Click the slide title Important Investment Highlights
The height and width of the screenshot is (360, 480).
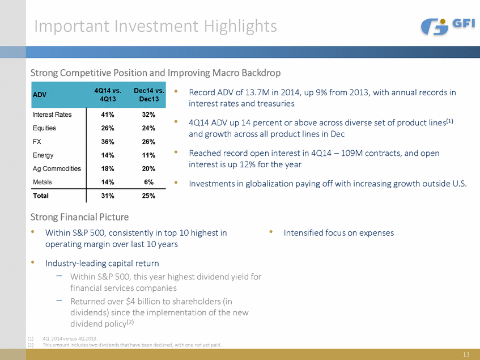click(x=155, y=26)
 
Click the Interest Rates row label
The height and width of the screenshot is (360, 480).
click(x=53, y=115)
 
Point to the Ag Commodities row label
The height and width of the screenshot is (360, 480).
click(x=57, y=168)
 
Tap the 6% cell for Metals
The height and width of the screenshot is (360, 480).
click(x=149, y=182)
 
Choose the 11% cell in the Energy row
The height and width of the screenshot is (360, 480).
click(x=149, y=155)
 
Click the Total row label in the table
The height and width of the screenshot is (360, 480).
click(x=41, y=196)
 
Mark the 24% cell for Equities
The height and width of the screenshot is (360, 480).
click(x=149, y=128)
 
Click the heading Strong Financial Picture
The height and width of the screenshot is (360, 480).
click(x=79, y=217)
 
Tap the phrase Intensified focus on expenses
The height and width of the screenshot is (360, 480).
click(x=339, y=232)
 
